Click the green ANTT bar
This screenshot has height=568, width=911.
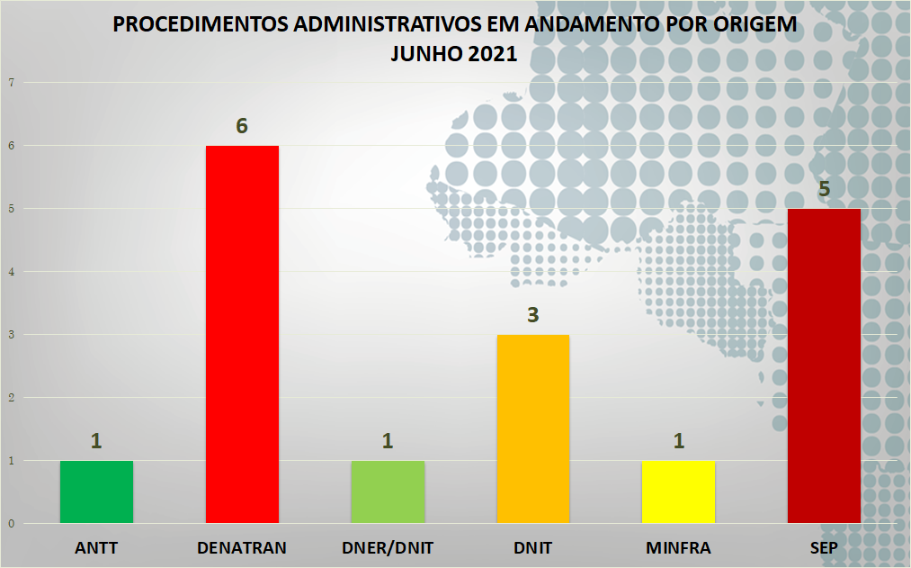(96, 491)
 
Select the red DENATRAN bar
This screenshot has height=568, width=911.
(242, 334)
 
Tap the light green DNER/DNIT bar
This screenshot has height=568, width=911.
(388, 491)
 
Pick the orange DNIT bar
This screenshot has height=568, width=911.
(533, 428)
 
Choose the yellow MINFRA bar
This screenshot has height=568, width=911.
(679, 491)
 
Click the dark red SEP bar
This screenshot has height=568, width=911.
(824, 365)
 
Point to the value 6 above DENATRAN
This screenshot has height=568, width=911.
(242, 126)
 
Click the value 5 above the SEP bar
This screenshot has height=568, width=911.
(824, 189)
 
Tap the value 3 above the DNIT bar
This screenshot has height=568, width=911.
(533, 316)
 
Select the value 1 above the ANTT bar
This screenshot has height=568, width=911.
(96, 441)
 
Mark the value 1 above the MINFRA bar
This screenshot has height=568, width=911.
(679, 441)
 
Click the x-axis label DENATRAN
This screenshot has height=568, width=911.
(242, 547)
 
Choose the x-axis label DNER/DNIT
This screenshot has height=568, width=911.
(388, 547)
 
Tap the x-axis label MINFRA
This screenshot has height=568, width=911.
(678, 547)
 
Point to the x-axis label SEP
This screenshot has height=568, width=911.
(824, 547)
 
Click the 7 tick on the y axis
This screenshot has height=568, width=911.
(12, 83)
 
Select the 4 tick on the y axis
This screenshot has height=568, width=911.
(12, 272)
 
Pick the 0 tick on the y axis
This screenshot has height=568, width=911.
(12, 523)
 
